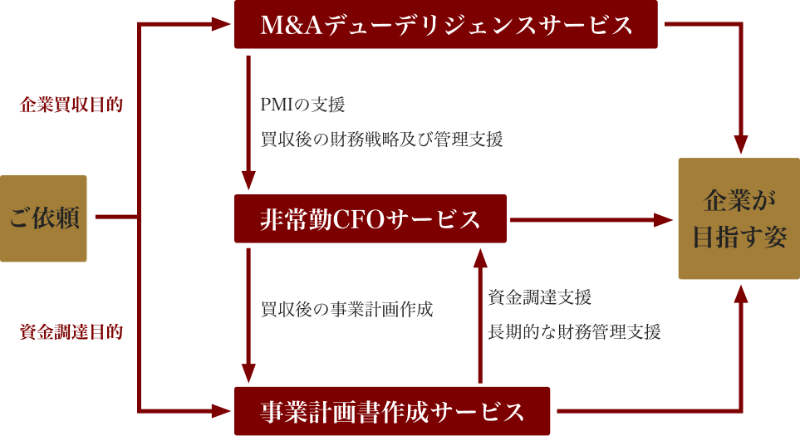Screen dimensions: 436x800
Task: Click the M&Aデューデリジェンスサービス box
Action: click(446, 25)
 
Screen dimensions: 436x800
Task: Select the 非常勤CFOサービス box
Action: click(371, 219)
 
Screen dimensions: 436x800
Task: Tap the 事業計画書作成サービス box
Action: click(392, 410)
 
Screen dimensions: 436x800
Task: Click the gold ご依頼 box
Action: click(43, 218)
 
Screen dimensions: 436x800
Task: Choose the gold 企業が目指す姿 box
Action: click(739, 218)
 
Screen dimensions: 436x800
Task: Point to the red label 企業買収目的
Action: click(71, 105)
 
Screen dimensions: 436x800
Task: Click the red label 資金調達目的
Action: click(71, 332)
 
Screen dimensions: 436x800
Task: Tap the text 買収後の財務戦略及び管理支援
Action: click(381, 140)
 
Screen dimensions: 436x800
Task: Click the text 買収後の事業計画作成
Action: click(346, 309)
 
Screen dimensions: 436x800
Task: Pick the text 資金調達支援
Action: click(539, 297)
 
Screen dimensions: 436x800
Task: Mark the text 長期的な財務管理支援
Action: click(574, 332)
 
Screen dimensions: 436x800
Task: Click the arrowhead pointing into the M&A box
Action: click(221, 25)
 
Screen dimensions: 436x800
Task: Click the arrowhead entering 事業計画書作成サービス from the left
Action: click(221, 410)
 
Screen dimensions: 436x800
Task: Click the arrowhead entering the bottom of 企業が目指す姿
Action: click(740, 292)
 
